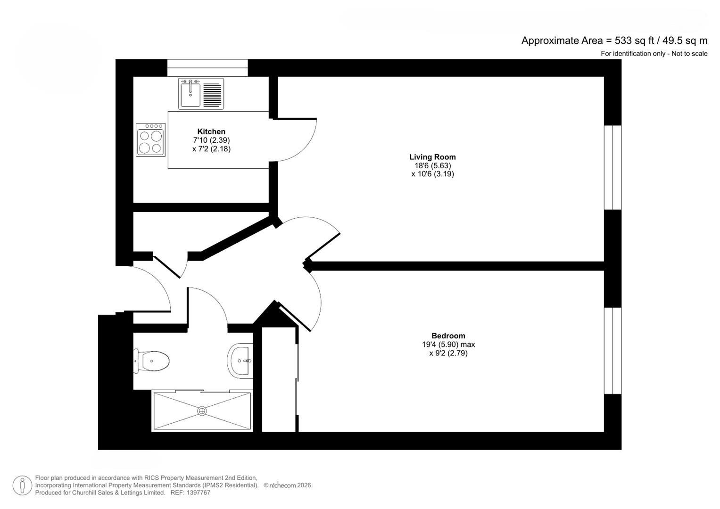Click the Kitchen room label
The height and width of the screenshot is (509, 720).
(x=211, y=131)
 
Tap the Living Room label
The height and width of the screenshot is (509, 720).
(x=432, y=157)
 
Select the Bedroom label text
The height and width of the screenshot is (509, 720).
(x=448, y=336)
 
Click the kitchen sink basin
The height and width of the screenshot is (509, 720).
(x=190, y=95)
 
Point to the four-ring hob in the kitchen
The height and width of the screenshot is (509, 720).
(x=150, y=140)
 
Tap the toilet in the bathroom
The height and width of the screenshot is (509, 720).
(x=151, y=361)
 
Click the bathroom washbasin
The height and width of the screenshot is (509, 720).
(x=240, y=361)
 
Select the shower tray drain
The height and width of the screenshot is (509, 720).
(x=202, y=410)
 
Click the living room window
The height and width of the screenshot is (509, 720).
(x=612, y=167)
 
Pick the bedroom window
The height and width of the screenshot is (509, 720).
(x=612, y=351)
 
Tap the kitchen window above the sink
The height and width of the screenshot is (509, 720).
(x=207, y=68)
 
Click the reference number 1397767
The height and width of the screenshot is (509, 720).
(x=198, y=493)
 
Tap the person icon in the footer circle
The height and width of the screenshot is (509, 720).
(x=22, y=485)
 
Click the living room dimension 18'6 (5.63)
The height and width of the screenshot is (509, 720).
(x=433, y=165)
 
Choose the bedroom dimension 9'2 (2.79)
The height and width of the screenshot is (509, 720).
(x=448, y=353)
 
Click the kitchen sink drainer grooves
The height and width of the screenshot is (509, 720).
(x=213, y=95)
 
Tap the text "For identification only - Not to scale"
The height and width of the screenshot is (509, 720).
(x=654, y=54)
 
